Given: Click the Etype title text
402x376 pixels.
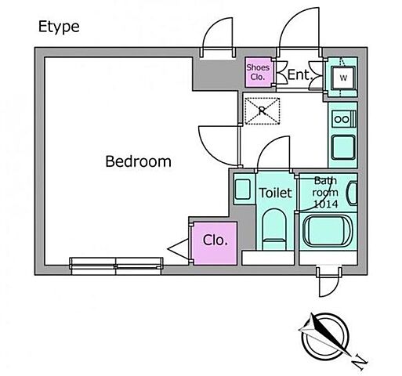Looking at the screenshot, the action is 59,27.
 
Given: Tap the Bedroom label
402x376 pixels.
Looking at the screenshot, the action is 138,161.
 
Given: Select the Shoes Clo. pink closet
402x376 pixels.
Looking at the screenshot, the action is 258,72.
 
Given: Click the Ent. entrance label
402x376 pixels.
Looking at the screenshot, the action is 300,74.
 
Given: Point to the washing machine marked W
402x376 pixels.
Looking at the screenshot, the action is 343,78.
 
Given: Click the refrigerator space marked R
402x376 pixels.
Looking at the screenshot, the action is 263,111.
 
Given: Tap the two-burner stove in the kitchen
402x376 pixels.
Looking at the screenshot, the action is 343,119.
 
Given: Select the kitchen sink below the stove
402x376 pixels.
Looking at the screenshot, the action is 343,147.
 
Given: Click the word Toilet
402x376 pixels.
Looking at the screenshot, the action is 275,193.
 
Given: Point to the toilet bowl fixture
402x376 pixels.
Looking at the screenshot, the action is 274,230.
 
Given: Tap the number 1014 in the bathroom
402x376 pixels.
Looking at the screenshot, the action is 326,204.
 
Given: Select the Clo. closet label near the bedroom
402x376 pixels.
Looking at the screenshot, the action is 215,240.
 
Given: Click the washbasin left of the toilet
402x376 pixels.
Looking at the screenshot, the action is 243,189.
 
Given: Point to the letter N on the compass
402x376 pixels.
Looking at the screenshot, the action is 359,362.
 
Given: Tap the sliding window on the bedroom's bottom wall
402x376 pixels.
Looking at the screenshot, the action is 116,266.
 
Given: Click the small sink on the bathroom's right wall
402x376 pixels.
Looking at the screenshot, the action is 352,193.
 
